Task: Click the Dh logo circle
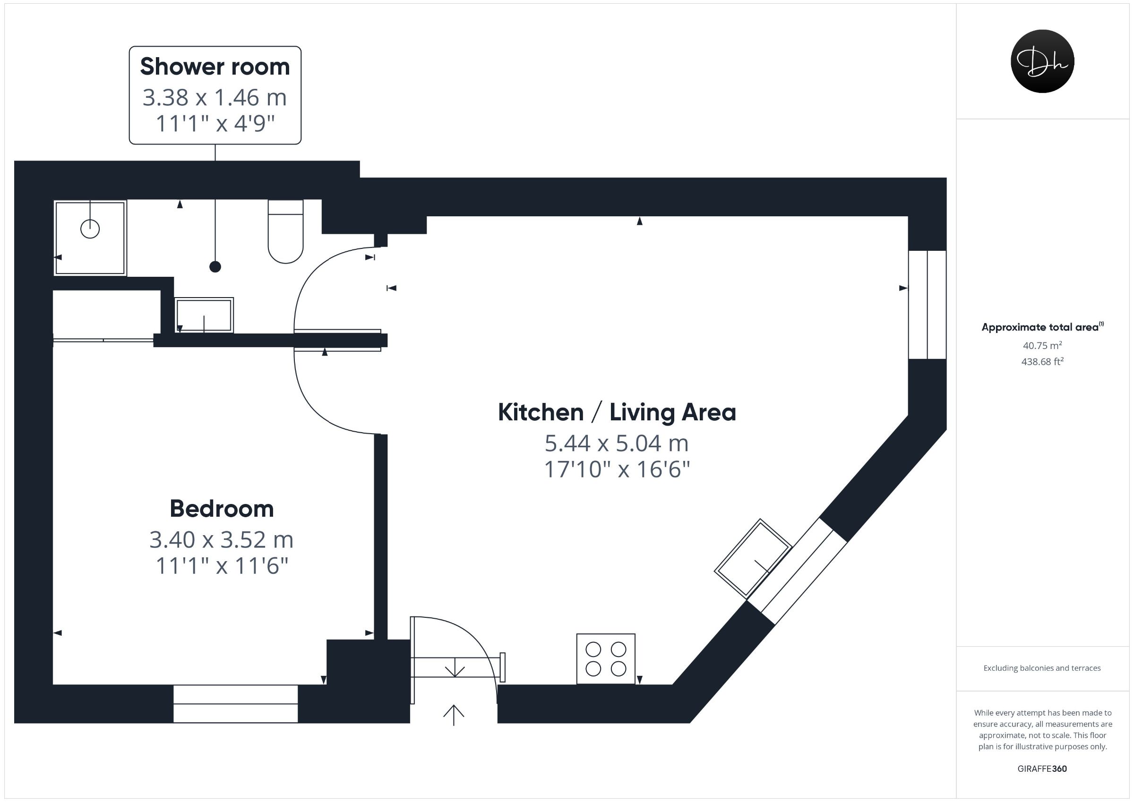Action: pos(1042,61)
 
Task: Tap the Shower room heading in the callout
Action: pos(215,67)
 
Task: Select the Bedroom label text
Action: pos(222,509)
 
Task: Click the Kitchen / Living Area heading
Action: pos(617,412)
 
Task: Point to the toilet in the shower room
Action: pos(285,231)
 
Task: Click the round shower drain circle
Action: pos(90,229)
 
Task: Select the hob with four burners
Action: pos(606,659)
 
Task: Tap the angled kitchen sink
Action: pos(753,557)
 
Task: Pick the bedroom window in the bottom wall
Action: pos(236,704)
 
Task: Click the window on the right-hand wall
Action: pos(927,305)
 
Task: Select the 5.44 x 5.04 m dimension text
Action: pos(617,444)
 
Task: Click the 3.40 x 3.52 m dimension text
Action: pos(222,540)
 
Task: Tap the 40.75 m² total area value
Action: pos(1042,345)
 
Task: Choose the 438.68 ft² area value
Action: pos(1042,361)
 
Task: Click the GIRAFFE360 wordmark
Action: pos(1042,768)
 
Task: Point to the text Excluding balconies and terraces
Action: pos(1042,668)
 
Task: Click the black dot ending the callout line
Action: pos(215,267)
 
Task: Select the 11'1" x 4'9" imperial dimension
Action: pos(215,123)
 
